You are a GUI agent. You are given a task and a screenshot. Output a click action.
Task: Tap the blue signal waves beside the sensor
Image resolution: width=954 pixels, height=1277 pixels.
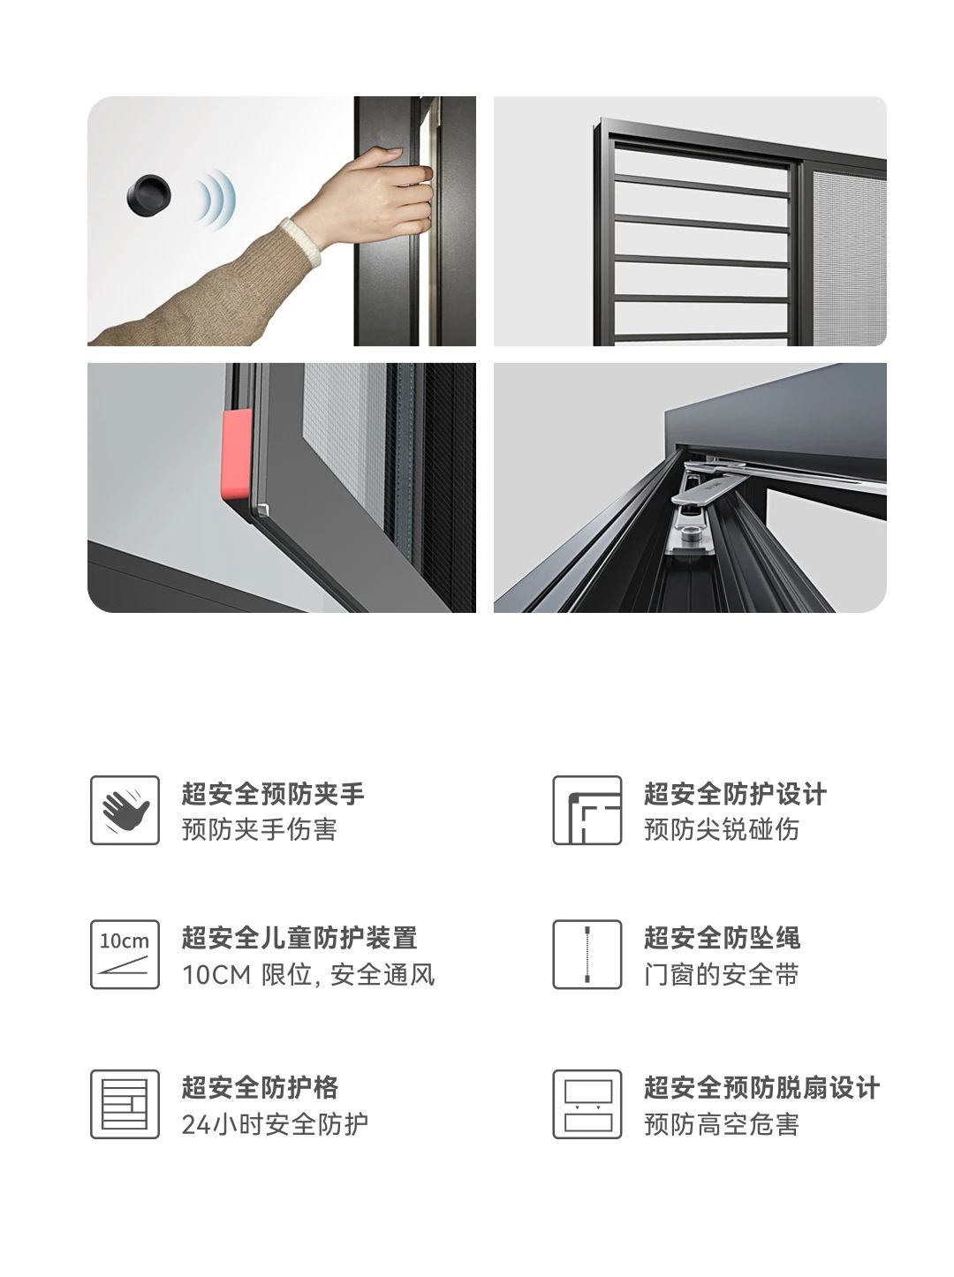[216, 198]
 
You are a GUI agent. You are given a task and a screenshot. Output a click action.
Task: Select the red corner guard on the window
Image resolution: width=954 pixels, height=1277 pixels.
[236, 454]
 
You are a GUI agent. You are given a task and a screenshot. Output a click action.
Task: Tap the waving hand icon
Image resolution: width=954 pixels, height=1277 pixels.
[125, 810]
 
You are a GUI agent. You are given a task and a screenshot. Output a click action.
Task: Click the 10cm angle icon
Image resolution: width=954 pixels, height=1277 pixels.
[125, 954]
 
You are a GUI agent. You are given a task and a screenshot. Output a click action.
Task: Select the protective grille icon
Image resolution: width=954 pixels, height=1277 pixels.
[125, 1104]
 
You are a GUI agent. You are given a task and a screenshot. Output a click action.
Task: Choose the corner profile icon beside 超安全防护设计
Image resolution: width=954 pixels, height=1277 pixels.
[587, 810]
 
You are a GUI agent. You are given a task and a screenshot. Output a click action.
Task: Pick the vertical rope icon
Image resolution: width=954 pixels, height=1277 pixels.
[587, 954]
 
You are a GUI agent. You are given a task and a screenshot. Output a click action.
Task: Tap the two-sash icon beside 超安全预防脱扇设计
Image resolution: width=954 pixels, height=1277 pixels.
[587, 1104]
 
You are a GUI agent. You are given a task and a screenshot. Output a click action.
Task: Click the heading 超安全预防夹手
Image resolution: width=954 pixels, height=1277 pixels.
[273, 794]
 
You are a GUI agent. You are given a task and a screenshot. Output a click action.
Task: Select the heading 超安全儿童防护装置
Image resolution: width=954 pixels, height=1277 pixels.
[299, 938]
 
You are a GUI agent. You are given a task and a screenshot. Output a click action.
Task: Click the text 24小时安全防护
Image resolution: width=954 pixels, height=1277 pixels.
[275, 1124]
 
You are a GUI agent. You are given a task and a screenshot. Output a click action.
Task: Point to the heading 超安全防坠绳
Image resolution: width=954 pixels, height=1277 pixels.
[722, 938]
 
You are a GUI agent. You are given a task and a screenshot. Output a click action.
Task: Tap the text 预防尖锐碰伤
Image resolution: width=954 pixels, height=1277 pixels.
[722, 829]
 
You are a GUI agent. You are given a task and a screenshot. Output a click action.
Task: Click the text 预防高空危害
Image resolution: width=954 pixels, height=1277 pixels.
[722, 1124]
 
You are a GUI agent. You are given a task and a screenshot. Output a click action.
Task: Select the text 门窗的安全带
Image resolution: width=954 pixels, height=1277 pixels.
[722, 974]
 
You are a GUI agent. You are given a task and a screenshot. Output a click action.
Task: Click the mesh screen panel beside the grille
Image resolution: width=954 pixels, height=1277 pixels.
[848, 256]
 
